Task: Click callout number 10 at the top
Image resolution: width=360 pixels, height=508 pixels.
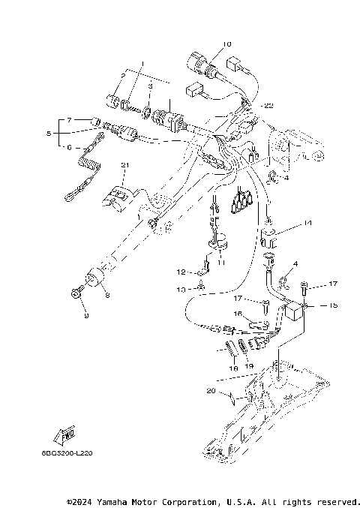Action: pyautogui.click(x=227, y=44)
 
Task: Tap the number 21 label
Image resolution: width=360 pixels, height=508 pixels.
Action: pyautogui.click(x=125, y=165)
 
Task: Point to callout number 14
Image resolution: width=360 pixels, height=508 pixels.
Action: pyautogui.click(x=307, y=224)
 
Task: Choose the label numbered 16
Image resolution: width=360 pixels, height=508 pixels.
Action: pyautogui.click(x=238, y=315)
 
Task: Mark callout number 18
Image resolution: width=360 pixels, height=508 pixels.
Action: pyautogui.click(x=233, y=368)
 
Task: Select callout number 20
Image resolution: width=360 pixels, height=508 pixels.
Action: pyautogui.click(x=211, y=391)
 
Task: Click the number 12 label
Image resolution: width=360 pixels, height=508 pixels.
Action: pyautogui.click(x=180, y=272)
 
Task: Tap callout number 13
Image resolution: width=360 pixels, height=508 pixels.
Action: pyautogui.click(x=180, y=288)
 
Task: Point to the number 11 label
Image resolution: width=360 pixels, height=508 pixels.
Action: pyautogui.click(x=220, y=263)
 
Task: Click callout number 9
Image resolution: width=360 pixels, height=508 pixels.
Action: pyautogui.click(x=85, y=316)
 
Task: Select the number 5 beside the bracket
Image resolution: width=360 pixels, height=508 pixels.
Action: pyautogui.click(x=49, y=133)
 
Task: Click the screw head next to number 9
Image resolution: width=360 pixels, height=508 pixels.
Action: pyautogui.click(x=76, y=294)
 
